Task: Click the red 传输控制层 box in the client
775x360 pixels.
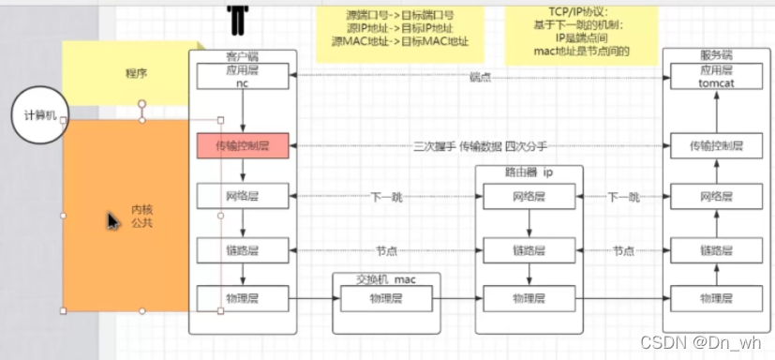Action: tap(243, 146)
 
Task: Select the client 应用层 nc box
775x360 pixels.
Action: tap(243, 76)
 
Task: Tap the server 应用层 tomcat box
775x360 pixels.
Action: tap(715, 76)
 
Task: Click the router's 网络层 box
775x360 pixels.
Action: tap(529, 197)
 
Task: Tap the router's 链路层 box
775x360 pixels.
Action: tap(529, 250)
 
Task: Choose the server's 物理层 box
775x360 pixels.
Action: tap(715, 299)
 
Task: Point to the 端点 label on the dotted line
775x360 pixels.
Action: tap(480, 77)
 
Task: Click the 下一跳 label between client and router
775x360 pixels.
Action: tap(386, 197)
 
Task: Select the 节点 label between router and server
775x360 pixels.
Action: tap(623, 250)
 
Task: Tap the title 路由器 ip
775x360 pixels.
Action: tap(529, 174)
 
